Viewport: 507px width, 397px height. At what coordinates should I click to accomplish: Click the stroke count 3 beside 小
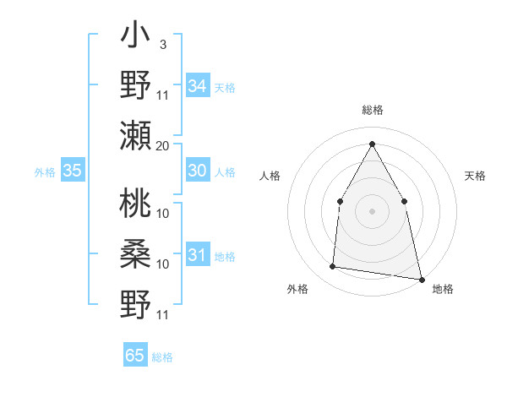pos(162,43)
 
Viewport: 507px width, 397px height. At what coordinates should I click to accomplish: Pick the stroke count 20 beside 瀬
pos(163,145)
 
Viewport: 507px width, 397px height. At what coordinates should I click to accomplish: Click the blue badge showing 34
pos(198,86)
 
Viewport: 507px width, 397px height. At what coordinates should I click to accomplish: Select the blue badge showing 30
pos(198,171)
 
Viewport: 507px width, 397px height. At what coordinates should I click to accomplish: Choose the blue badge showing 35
pos(73,171)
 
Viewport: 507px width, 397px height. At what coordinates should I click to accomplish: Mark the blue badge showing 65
pos(135,356)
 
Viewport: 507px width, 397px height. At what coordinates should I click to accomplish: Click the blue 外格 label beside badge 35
pos(45,172)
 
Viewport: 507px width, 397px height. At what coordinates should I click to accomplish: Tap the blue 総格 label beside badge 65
pos(162,357)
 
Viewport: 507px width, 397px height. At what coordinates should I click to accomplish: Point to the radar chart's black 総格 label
pos(372,110)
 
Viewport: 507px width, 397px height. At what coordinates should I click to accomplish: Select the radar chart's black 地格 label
pos(443,289)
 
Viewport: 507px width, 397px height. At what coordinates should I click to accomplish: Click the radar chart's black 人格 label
pos(270,176)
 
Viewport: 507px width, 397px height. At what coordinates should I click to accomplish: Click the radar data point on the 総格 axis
pos(372,143)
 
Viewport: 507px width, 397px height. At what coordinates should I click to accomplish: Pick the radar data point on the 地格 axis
pos(421,279)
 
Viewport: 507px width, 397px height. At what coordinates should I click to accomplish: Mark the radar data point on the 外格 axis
pos(333,267)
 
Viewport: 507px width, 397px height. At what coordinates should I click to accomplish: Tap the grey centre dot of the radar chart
pos(372,210)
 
